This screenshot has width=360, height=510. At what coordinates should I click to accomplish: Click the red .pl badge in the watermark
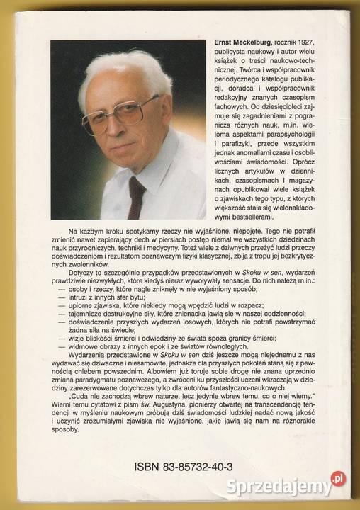[x=339, y=479]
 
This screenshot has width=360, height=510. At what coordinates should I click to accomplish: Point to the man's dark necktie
[x=137, y=196]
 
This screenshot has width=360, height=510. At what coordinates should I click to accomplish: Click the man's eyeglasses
[x=121, y=114]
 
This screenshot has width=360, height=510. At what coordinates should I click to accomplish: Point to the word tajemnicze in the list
[x=84, y=307]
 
